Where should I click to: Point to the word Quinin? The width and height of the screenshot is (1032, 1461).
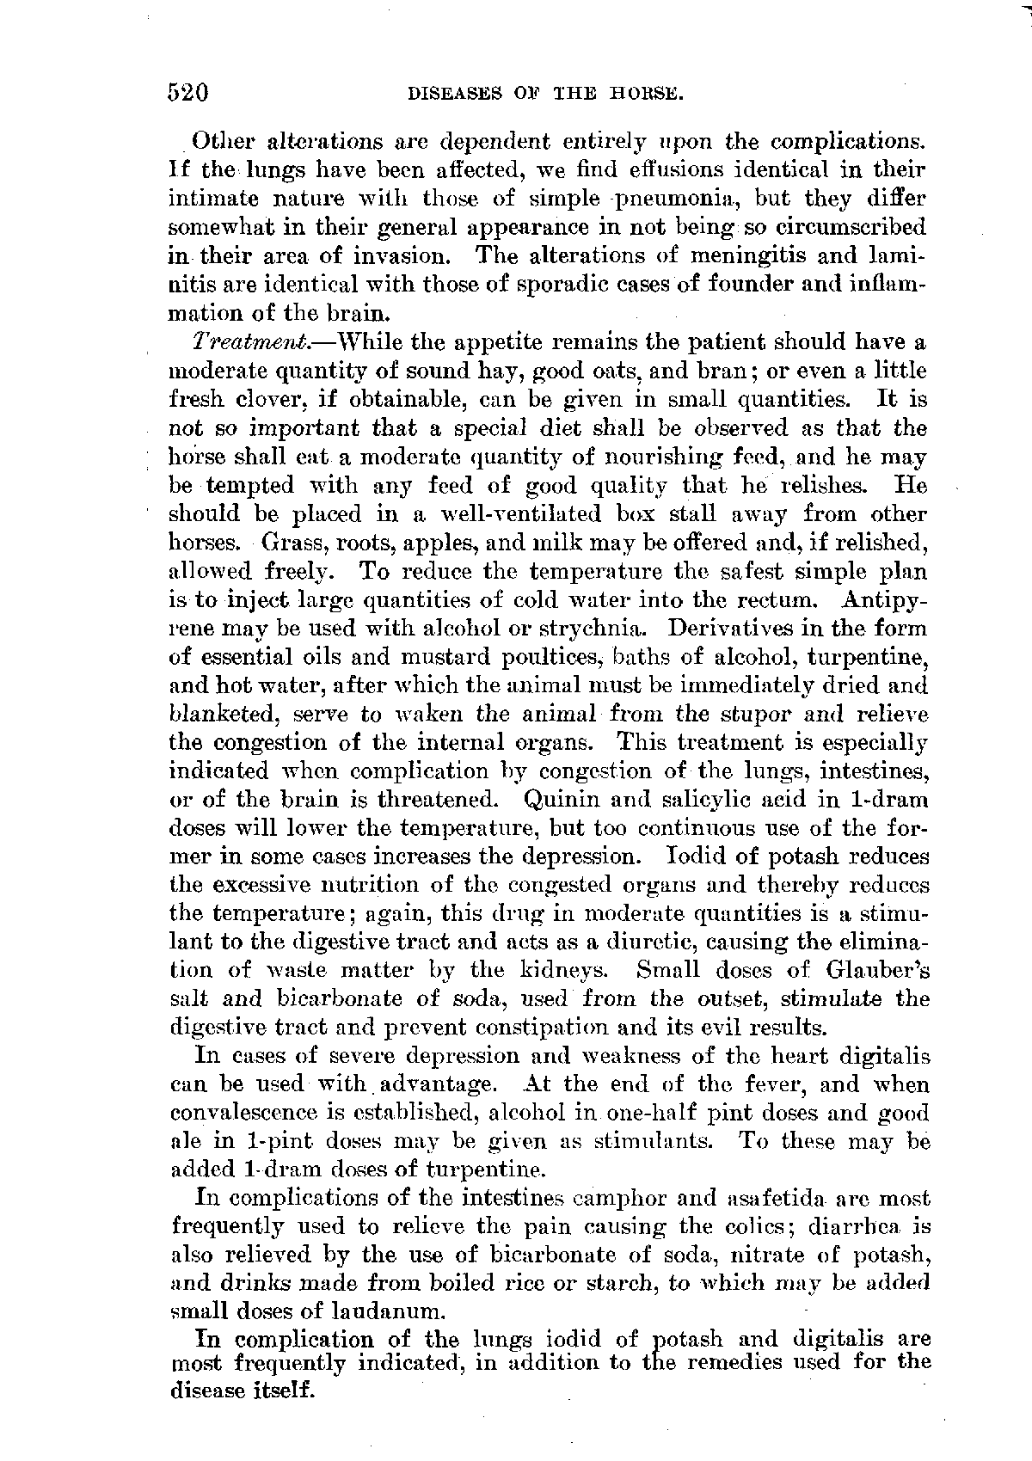coord(560,800)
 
